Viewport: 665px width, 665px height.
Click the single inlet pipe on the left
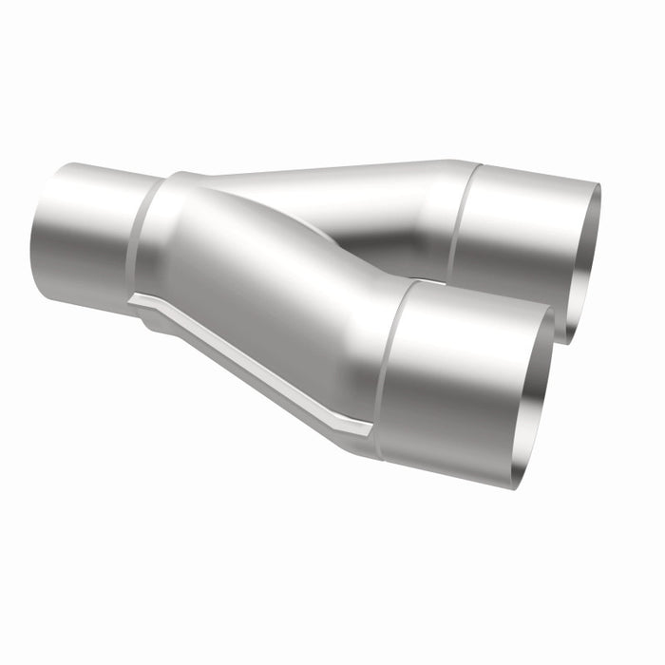85,233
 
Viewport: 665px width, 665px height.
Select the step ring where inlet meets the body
142,237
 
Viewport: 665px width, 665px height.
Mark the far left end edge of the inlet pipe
38,233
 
